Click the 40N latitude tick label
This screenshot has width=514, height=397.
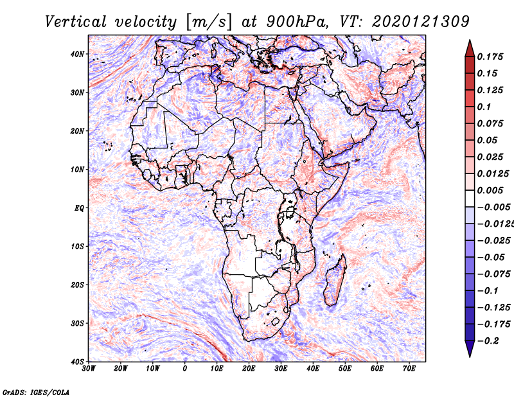click(x=77, y=54)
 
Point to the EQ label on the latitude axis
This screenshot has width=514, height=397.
click(x=79, y=208)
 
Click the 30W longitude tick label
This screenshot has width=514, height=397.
click(x=89, y=369)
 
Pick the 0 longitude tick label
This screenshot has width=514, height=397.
click(x=185, y=369)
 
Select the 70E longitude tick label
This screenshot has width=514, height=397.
click(x=409, y=369)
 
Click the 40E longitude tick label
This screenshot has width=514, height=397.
click(x=313, y=369)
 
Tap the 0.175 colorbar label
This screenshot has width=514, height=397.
click(x=490, y=57)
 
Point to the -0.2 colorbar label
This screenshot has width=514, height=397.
click(x=488, y=341)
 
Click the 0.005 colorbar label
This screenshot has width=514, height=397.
click(x=490, y=190)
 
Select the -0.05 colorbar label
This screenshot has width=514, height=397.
click(x=491, y=258)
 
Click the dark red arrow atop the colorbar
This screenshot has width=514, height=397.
click(x=470, y=49)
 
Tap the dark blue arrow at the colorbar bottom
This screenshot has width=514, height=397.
click(x=470, y=348)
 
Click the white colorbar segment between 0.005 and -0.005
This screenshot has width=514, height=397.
click(x=470, y=198)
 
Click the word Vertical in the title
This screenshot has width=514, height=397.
click(x=76, y=22)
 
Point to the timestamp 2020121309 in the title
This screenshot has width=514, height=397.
click(x=421, y=22)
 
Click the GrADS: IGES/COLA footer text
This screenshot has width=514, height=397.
click(x=36, y=393)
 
